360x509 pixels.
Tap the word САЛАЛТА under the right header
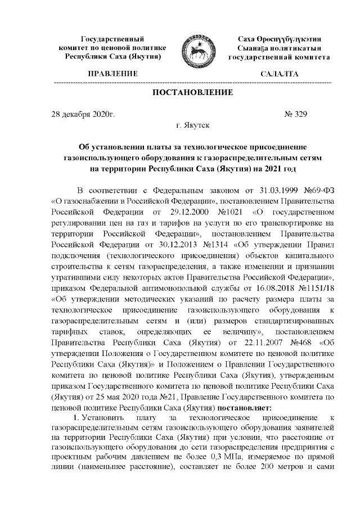click(x=280, y=74)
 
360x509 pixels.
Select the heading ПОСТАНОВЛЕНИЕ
click(x=192, y=92)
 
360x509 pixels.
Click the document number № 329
click(x=296, y=115)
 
